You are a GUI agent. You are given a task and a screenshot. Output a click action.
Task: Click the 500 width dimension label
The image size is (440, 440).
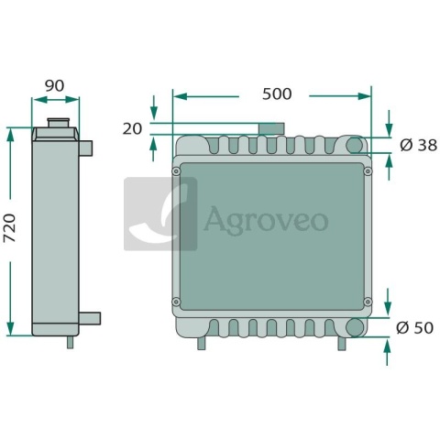[277, 93]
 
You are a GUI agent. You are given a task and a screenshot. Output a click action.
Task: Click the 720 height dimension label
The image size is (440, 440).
[10, 228]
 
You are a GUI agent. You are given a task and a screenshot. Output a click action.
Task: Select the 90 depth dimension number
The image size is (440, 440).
[55, 86]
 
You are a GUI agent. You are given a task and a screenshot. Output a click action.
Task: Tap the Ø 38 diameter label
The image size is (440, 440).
[418, 145]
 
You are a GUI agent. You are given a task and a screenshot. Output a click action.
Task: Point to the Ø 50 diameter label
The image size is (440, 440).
[414, 328]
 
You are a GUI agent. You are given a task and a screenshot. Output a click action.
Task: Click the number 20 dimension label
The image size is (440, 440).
[132, 129]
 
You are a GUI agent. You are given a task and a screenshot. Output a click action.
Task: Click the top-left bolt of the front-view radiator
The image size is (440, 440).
[176, 171]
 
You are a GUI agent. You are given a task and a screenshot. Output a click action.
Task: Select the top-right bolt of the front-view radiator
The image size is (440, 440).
[368, 171]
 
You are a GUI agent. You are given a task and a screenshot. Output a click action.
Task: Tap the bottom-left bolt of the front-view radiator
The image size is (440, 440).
[176, 302]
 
